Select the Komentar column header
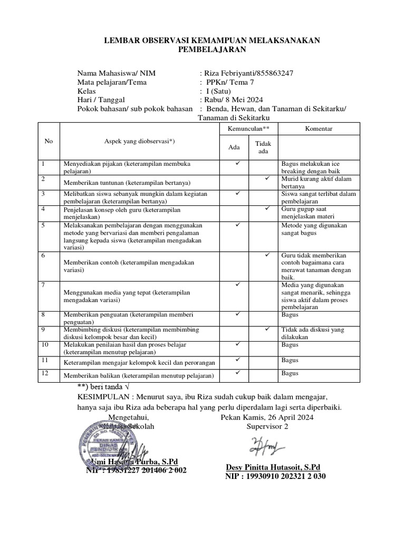(319, 128)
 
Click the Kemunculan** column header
(248, 128)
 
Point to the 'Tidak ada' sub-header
(263, 147)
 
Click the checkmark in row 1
(238, 163)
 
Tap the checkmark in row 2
(267, 178)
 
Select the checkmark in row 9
(267, 329)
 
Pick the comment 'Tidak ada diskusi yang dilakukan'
(313, 333)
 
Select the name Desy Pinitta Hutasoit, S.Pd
(273, 467)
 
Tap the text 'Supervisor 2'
(267, 426)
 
